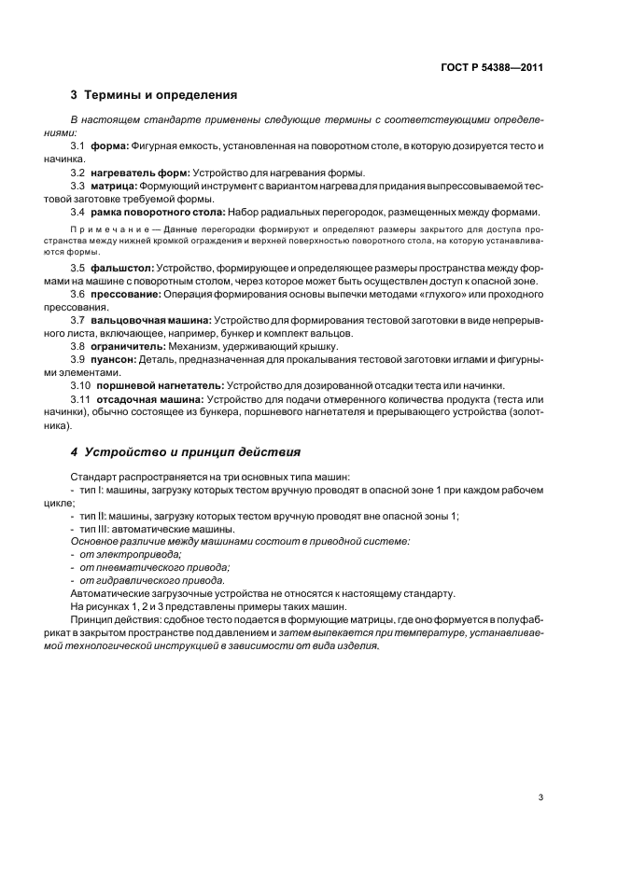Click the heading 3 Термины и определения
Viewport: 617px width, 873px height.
(x=154, y=95)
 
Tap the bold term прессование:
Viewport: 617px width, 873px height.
(x=126, y=294)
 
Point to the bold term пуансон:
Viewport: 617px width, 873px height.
(x=118, y=358)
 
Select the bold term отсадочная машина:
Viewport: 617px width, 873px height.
(x=147, y=398)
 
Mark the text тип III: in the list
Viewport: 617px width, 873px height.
(x=96, y=529)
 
